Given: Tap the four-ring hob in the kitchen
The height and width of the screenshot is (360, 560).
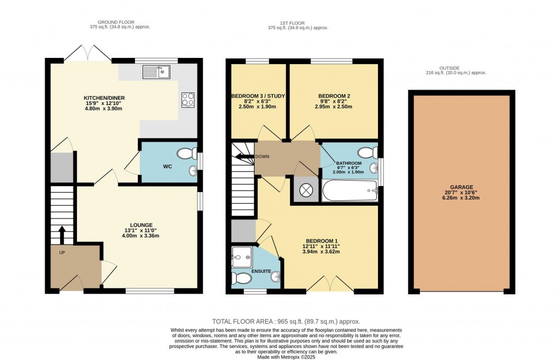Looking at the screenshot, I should point(188,100).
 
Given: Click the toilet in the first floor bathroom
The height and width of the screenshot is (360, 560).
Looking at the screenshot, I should point(366,152).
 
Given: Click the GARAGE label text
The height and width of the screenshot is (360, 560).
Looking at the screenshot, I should point(462,187).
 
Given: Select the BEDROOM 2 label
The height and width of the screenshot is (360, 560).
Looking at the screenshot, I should point(334,96).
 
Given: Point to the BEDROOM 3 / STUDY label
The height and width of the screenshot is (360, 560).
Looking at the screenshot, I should point(258,96).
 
